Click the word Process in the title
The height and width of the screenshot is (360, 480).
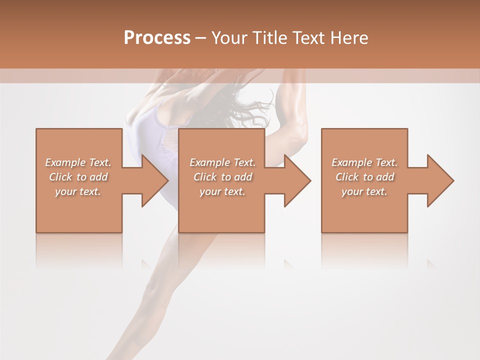(157, 38)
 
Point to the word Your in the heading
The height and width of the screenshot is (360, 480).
(230, 38)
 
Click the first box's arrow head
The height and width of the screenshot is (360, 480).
(154, 180)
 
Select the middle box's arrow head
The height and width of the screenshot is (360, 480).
(296, 180)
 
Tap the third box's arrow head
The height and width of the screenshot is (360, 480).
(439, 180)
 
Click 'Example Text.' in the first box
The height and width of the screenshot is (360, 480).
(78, 162)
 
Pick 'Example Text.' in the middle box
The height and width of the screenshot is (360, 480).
(222, 162)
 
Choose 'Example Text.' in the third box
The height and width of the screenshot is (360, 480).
(364, 162)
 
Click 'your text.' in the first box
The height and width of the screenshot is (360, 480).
(78, 191)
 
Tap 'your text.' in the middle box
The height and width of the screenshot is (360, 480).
(222, 191)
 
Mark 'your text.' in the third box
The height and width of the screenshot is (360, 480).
(364, 191)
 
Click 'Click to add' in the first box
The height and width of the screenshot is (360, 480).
(78, 177)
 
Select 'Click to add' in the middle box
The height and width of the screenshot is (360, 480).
(222, 177)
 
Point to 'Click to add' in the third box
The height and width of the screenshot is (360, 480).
(364, 177)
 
